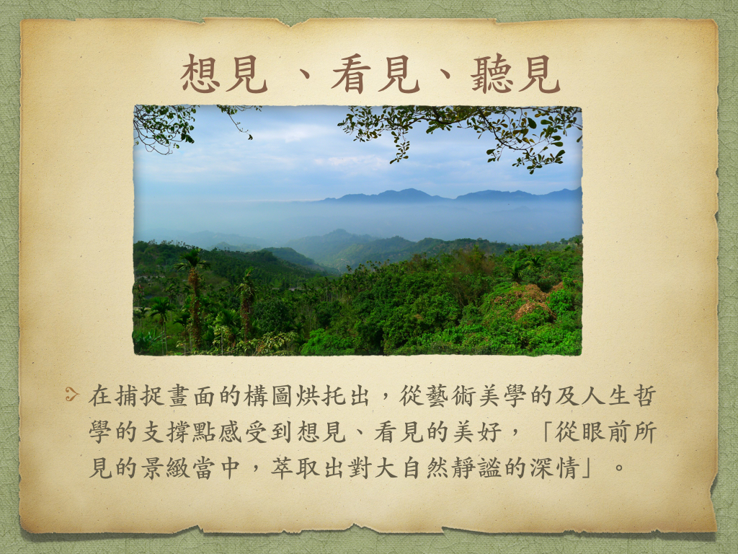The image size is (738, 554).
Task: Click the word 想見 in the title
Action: pos(225,74)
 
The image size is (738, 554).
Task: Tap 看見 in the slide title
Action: pos(375,74)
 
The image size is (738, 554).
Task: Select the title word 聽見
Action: pos(515,74)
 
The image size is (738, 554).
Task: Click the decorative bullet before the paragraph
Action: pos(71,394)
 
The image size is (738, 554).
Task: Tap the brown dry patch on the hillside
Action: pos(530,302)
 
